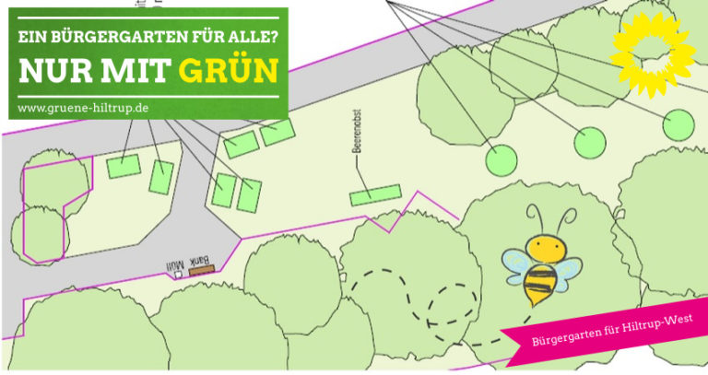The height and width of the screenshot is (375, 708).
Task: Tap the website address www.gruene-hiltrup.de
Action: pyautogui.click(x=84, y=108)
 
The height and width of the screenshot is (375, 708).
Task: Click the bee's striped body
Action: pyautogui.click(x=541, y=281)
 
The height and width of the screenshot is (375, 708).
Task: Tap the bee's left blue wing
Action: pyautogui.click(x=516, y=263)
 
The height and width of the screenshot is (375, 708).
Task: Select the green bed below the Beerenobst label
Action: pyautogui.click(x=375, y=195)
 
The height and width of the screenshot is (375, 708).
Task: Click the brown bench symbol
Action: pyautogui.click(x=201, y=270)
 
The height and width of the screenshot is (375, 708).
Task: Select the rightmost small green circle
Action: pyautogui.click(x=678, y=123)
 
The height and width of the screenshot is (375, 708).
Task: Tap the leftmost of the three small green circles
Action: pyautogui.click(x=501, y=158)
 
